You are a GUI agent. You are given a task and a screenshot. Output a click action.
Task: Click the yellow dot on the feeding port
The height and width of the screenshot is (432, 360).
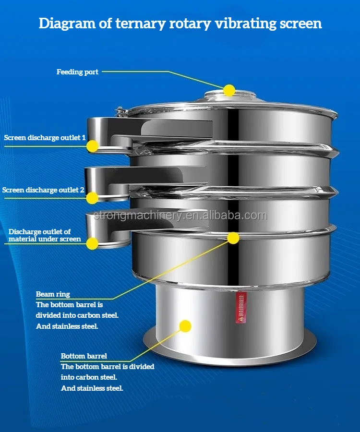pyautogui.click(x=229, y=90)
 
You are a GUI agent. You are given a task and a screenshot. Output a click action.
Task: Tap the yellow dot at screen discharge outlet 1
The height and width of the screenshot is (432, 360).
pyautogui.click(x=92, y=146)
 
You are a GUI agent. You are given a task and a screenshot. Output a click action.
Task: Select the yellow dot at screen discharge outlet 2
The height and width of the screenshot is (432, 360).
pyautogui.click(x=92, y=197)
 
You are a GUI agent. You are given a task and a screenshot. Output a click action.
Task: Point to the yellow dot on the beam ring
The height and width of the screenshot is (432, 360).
pyautogui.click(x=233, y=238)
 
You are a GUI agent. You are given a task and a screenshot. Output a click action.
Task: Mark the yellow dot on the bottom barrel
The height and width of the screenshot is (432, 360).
pyautogui.click(x=185, y=326)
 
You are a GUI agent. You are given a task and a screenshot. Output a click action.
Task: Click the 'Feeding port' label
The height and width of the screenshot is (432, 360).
pyautogui.click(x=77, y=72)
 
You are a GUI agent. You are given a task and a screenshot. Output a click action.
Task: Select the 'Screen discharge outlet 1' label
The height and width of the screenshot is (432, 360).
pyautogui.click(x=45, y=138)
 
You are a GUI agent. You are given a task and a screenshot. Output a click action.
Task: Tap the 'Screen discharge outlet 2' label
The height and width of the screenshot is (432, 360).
pyautogui.click(x=43, y=190)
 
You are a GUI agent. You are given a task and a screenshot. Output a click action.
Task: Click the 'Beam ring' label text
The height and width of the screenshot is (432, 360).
pyautogui.click(x=53, y=294)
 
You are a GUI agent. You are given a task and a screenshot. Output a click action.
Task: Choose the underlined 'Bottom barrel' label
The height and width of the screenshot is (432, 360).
pyautogui.click(x=84, y=356)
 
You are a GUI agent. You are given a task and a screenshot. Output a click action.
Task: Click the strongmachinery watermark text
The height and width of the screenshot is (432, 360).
pyautogui.click(x=180, y=216)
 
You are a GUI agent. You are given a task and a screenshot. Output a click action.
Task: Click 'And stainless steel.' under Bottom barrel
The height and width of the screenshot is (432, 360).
pyautogui.click(x=92, y=388)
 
